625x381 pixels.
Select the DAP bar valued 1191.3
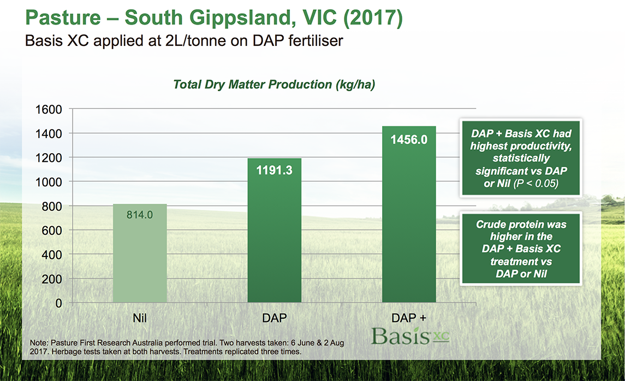tap(274, 230)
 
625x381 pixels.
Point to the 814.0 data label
tap(140, 215)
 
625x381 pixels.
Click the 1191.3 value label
tap(274, 171)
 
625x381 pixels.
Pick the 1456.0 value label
tap(409, 140)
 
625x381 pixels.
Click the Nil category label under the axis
tap(139, 318)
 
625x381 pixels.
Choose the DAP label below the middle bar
tap(274, 318)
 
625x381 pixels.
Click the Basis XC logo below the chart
tap(409, 336)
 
